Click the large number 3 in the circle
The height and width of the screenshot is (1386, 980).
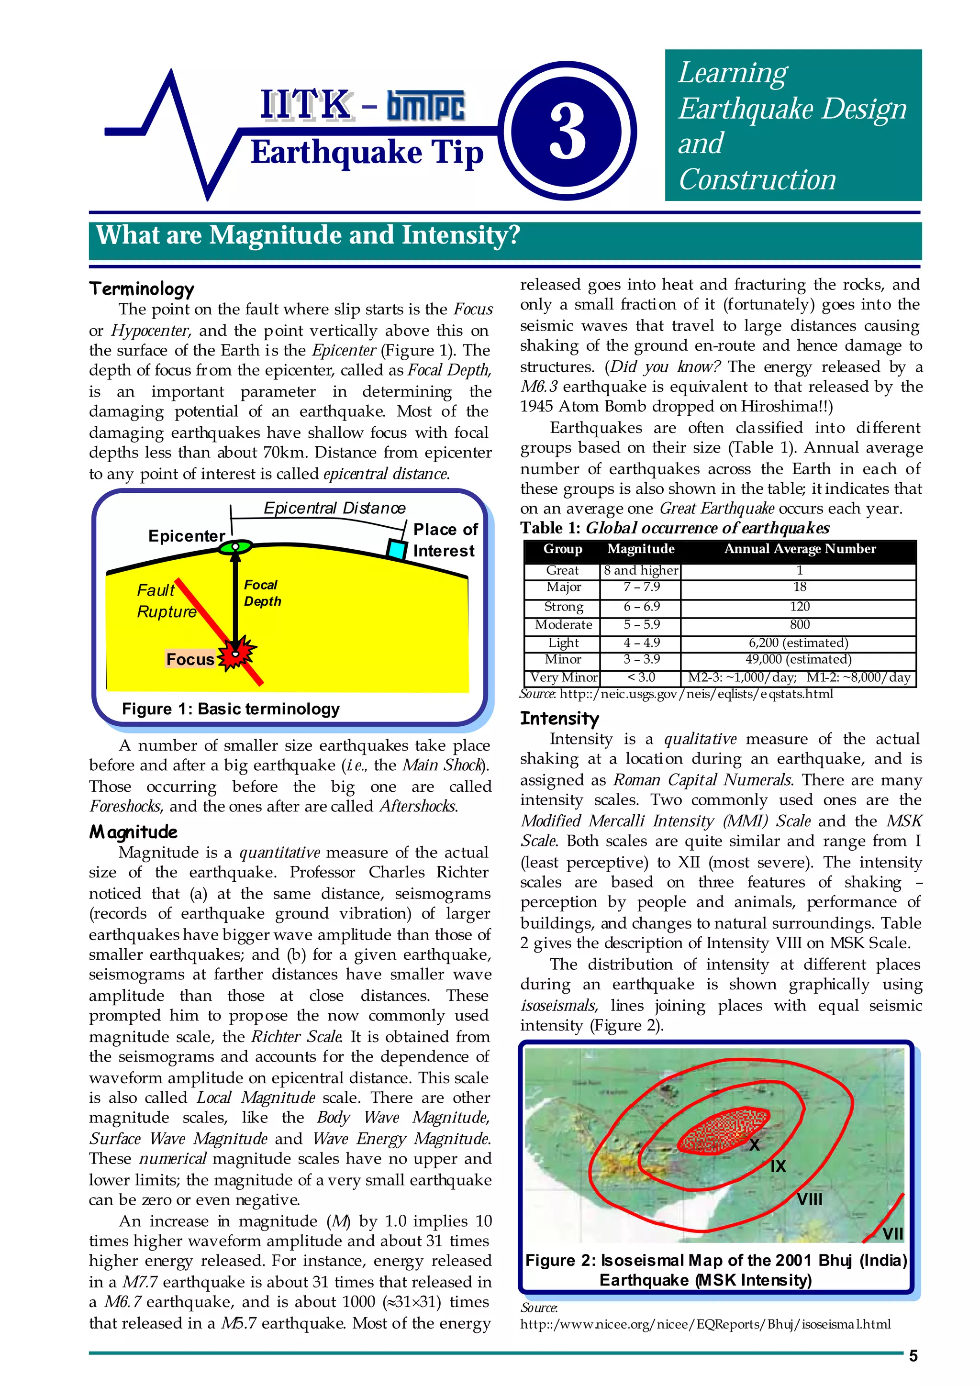[568, 132]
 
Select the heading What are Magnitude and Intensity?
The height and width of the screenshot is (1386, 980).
[308, 235]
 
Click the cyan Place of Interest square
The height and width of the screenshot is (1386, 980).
[396, 549]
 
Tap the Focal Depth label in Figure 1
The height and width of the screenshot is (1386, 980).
[262, 593]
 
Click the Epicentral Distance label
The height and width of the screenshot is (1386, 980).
[334, 508]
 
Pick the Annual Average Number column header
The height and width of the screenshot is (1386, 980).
[800, 549]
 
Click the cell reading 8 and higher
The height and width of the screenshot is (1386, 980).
[641, 570]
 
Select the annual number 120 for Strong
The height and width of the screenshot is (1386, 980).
[800, 606]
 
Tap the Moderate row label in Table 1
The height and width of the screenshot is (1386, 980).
[563, 625]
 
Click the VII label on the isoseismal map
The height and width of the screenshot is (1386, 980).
[892, 1234]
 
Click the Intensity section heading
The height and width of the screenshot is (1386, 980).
[559, 718]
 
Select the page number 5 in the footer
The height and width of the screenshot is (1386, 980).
[913, 1356]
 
